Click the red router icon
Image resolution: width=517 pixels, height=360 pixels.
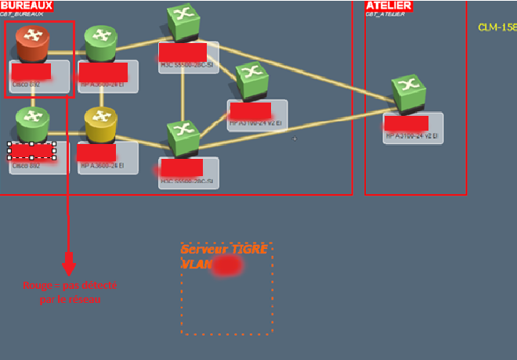tap(32, 43)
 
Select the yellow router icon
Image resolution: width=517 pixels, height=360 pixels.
tap(101, 124)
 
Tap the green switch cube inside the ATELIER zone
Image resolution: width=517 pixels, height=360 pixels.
tap(408, 92)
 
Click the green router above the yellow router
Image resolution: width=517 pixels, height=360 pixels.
tap(101, 43)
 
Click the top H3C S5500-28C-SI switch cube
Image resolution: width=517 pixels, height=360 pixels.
tap(183, 22)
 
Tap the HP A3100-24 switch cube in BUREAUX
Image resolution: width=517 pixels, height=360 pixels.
tap(251, 80)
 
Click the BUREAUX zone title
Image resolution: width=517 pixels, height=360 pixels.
tap(27, 5)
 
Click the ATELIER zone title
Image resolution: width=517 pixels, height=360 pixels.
tap(389, 5)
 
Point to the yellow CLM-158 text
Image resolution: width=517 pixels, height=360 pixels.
tap(497, 27)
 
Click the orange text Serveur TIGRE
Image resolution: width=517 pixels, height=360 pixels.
tap(224, 249)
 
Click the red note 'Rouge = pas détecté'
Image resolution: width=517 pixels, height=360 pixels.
tap(69, 286)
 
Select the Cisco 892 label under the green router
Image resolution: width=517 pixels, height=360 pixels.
tap(25, 166)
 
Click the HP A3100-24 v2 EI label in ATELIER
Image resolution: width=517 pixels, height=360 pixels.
tap(412, 136)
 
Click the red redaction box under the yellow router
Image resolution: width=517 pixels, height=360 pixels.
tap(96, 153)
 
